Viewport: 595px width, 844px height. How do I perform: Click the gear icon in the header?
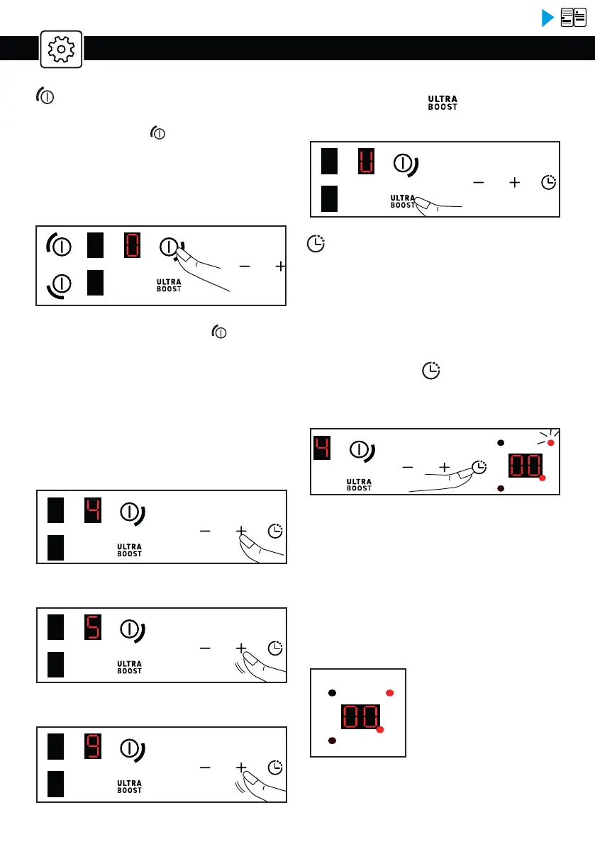tap(61, 49)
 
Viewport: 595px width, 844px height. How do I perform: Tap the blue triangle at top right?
tap(547, 18)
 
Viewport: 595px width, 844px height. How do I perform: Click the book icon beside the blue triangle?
tap(574, 18)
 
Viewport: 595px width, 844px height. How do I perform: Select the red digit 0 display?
tap(133, 247)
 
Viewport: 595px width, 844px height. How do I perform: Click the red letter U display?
tap(365, 162)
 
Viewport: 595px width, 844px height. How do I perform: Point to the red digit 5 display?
tap(93, 628)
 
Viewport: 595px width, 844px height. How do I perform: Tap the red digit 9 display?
tap(93, 746)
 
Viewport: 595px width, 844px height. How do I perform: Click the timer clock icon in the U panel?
tap(548, 182)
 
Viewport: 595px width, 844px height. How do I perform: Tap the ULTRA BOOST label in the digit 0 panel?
tap(169, 285)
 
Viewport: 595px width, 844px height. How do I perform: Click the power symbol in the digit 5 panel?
tap(129, 629)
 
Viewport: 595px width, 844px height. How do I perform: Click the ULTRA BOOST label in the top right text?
tap(442, 102)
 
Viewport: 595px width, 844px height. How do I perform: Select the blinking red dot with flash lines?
tap(550, 443)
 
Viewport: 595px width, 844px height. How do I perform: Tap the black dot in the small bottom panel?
tap(331, 692)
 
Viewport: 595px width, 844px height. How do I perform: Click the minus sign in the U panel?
tap(479, 182)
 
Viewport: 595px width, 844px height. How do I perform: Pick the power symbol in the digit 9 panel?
tap(129, 747)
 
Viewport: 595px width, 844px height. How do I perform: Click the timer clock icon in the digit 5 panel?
tap(274, 648)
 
